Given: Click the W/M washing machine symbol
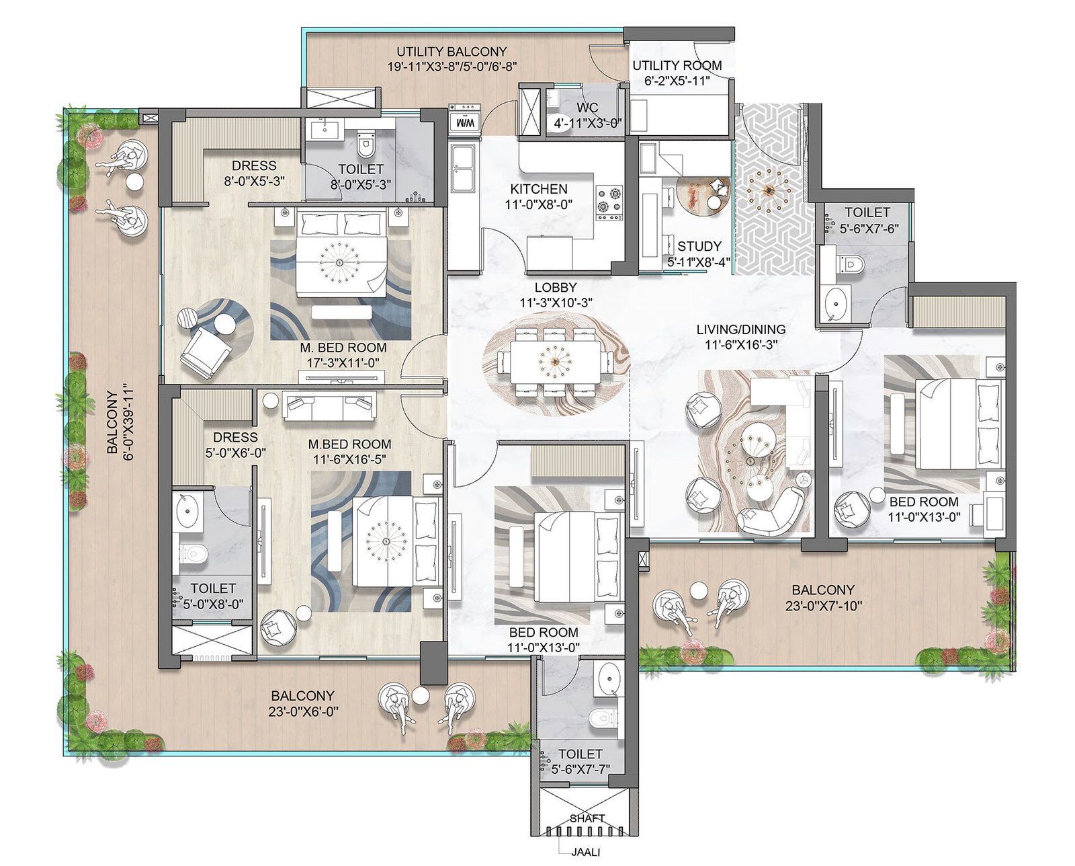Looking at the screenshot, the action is click(x=464, y=120).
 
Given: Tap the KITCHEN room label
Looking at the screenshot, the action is click(x=538, y=189).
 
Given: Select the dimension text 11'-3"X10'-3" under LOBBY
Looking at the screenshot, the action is click(x=556, y=303).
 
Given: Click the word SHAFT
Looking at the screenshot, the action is click(x=587, y=818).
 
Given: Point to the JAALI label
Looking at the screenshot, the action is click(x=585, y=852).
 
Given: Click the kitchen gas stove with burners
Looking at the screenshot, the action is click(x=609, y=204).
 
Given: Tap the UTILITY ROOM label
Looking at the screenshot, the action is click(x=677, y=65).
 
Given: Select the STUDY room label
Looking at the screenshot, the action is click(x=699, y=246).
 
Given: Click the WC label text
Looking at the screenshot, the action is click(x=587, y=108).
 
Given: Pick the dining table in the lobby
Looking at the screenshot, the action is click(x=556, y=362).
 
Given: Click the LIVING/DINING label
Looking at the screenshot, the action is click(x=741, y=329).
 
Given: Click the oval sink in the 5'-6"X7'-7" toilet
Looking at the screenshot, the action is click(x=609, y=678).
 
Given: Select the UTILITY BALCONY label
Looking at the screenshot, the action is click(x=451, y=52).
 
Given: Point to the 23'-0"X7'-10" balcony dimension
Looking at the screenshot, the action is click(x=823, y=606).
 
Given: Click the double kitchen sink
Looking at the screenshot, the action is click(x=463, y=168).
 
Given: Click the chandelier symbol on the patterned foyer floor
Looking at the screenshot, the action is click(x=769, y=190).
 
